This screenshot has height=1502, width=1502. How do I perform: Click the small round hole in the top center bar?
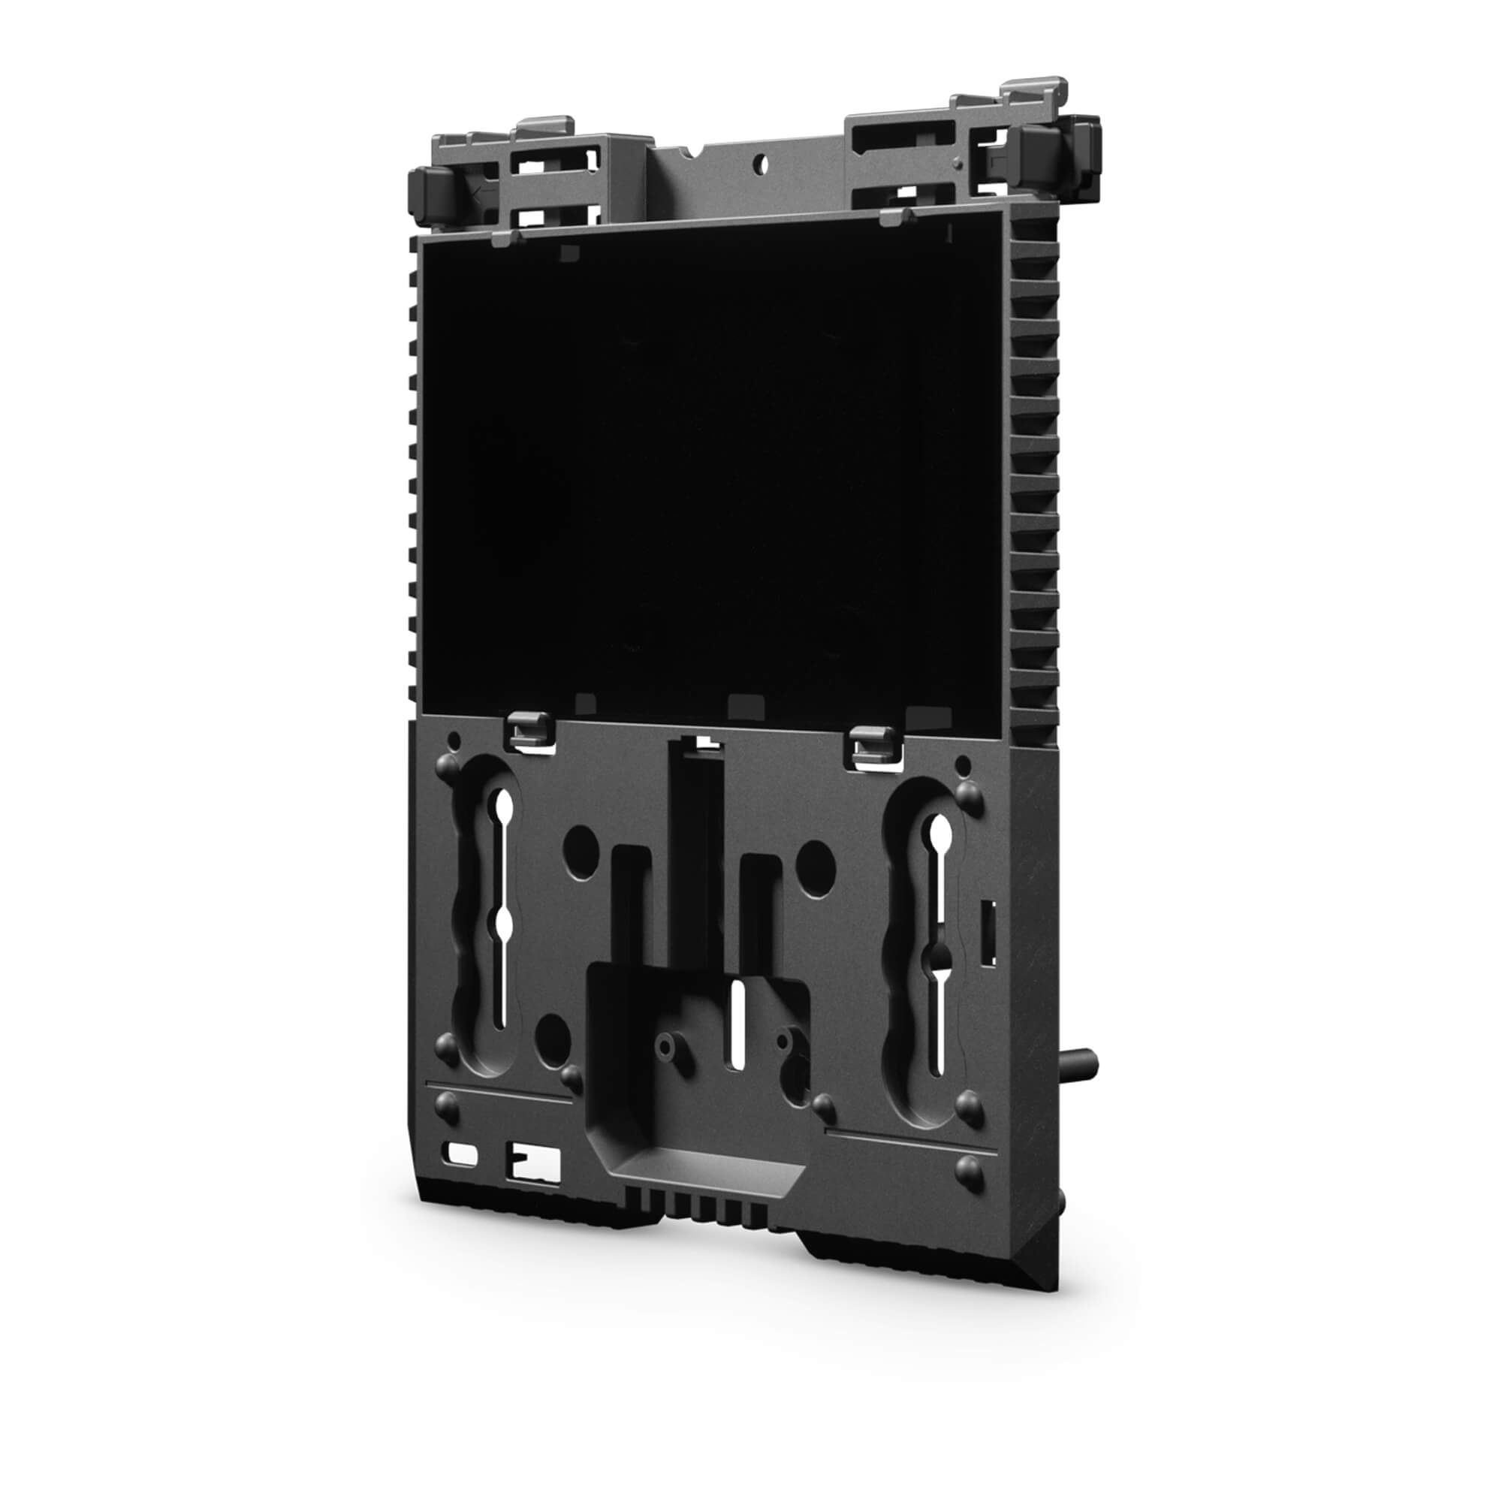(x=762, y=162)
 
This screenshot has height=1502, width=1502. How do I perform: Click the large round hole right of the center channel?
(x=816, y=859)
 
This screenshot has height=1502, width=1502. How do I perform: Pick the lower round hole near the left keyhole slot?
(x=553, y=1032)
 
